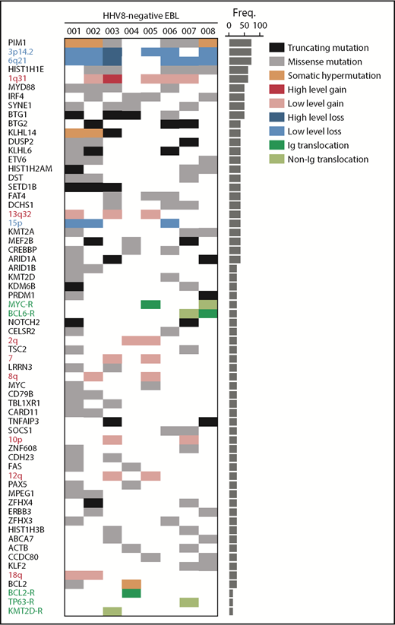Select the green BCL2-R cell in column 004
tap(131, 593)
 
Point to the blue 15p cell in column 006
tap(169, 223)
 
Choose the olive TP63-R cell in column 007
tap(188, 602)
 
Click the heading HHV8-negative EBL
tap(141, 15)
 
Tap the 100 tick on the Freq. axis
tap(260, 25)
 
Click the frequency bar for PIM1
tap(240, 43)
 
